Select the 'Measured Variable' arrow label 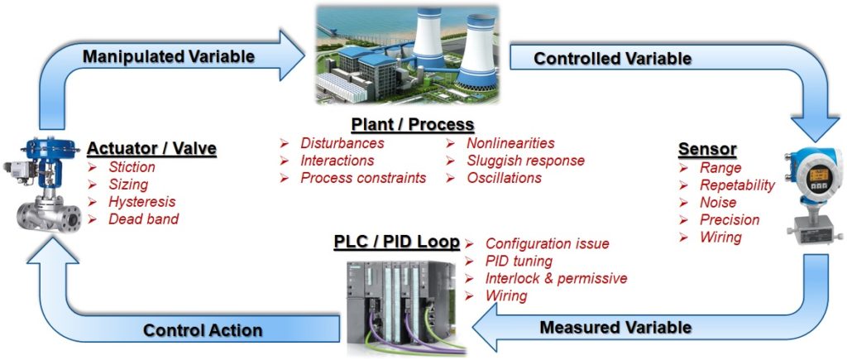[615, 327]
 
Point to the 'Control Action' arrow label [203, 330]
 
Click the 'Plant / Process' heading [413, 125]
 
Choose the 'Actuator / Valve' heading [151, 149]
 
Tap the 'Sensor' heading [707, 149]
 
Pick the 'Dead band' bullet [144, 219]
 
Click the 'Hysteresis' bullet [142, 202]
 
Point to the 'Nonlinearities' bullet [510, 143]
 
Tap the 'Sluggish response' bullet [525, 161]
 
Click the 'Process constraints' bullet [363, 178]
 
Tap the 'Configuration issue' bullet [547, 243]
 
